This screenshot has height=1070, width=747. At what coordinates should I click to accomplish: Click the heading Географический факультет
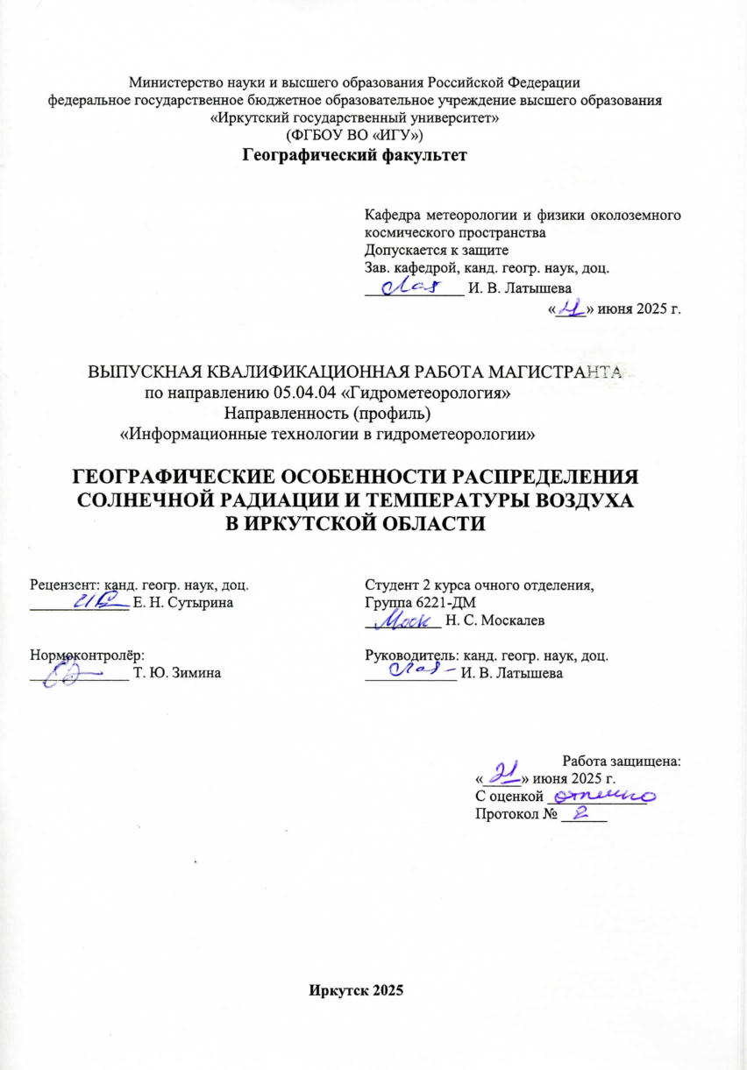pos(354,157)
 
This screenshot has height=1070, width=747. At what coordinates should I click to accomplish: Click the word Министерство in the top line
pos(173,83)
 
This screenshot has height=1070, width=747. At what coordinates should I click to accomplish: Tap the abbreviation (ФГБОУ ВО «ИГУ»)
pos(355,136)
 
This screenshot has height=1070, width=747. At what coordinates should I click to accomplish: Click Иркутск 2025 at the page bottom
pos(355,990)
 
